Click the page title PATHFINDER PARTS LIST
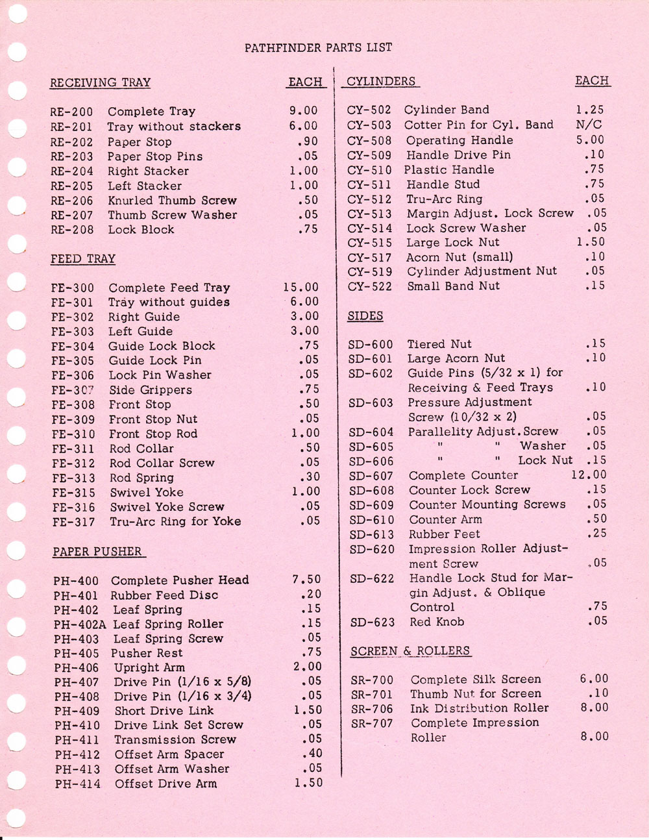318,47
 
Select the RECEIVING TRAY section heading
100,83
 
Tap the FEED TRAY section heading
83,259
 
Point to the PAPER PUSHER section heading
97,552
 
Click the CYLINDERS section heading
381,82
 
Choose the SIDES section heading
365,316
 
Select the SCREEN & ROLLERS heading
410,651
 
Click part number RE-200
71,112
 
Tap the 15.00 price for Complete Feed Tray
301,287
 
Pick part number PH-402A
78,624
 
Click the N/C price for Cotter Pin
589,125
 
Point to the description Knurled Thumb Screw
172,201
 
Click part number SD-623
372,622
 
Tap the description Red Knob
437,622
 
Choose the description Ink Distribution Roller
480,708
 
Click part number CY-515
370,243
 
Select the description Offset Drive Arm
165,784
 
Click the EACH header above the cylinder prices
592,81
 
